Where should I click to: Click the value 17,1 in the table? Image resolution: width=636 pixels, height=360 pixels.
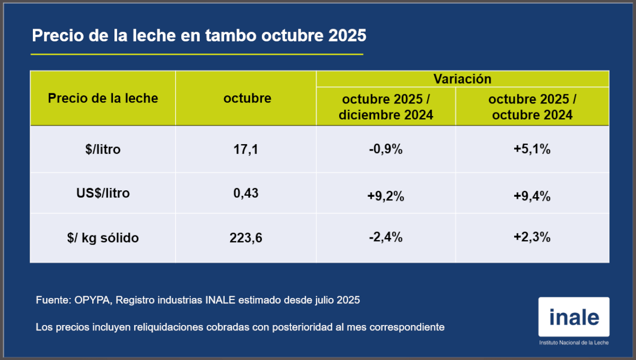(245, 150)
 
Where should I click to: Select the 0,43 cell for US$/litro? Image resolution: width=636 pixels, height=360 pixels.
(245, 194)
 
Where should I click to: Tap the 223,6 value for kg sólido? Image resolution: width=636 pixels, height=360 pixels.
(246, 238)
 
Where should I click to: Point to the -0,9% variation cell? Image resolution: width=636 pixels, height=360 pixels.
(386, 150)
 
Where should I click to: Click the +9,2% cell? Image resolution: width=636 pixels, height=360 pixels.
(386, 197)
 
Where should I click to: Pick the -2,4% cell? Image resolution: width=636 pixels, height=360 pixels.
(386, 238)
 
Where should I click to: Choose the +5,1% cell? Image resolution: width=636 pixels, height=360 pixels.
(532, 150)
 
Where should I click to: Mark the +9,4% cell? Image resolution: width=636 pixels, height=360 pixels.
(532, 197)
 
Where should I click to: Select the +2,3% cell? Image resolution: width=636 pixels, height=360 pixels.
(532, 238)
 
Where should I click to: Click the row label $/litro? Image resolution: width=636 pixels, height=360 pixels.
(103, 150)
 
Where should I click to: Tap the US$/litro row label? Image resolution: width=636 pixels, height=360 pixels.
(103, 194)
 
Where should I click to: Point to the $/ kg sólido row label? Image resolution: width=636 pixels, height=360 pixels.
(103, 238)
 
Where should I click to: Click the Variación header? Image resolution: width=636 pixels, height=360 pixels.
(462, 79)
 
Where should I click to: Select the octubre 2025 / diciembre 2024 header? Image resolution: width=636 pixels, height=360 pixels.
(386, 107)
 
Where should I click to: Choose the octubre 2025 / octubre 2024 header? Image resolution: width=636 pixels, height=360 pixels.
(532, 107)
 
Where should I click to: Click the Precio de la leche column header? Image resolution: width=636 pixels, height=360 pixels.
(103, 98)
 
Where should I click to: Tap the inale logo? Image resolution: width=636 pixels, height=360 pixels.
(574, 318)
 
